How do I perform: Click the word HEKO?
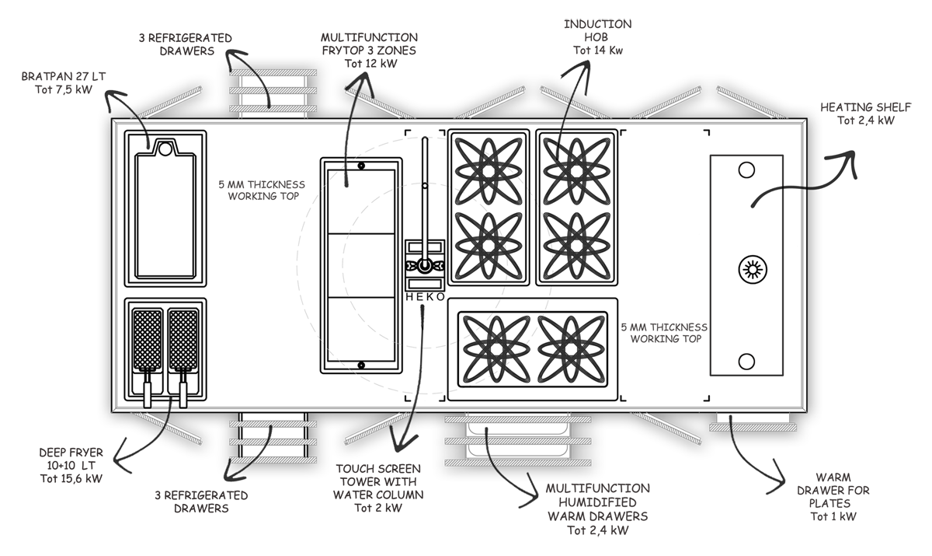(424, 295)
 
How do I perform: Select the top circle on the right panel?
(746, 170)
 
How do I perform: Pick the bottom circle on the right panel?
(746, 361)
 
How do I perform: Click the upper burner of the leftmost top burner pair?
(489, 168)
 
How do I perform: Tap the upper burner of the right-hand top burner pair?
(577, 168)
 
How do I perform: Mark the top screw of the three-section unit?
(361, 166)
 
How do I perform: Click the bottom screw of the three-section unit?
(361, 365)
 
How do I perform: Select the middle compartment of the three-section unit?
(361, 265)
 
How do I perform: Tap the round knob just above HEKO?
(424, 267)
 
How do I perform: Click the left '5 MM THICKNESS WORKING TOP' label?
(262, 190)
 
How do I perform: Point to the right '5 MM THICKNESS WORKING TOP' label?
(664, 333)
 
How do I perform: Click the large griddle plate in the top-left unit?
(166, 214)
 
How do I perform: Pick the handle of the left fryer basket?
(148, 390)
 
